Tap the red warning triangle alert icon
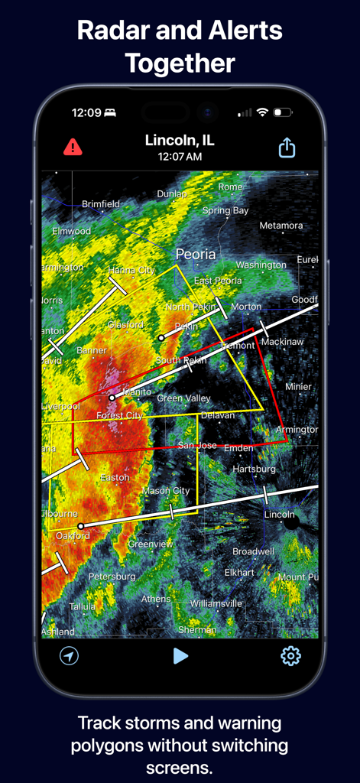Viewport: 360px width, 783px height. pos(73,147)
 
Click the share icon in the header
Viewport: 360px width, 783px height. pos(287,147)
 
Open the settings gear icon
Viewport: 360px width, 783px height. pos(290,656)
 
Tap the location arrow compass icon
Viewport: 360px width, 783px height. pos(70,656)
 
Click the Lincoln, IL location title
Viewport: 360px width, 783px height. pos(180,140)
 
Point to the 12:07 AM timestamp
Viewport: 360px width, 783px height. pos(180,157)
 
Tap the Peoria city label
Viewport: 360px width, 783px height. pos(196,254)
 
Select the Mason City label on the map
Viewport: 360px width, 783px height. pos(166,491)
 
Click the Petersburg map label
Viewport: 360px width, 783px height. pos(112,576)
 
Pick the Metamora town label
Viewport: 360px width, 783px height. pos(281,226)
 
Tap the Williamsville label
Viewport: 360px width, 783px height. pos(216,603)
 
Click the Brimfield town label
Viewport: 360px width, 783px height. pos(101,204)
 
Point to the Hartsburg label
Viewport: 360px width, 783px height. pos(253,468)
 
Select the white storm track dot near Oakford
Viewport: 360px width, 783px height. pos(81,526)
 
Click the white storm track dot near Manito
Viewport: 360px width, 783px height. pos(112,398)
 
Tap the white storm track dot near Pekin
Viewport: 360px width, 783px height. pos(161,337)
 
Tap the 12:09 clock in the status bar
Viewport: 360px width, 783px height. pos(86,113)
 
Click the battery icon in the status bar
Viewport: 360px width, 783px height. pos(282,113)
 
